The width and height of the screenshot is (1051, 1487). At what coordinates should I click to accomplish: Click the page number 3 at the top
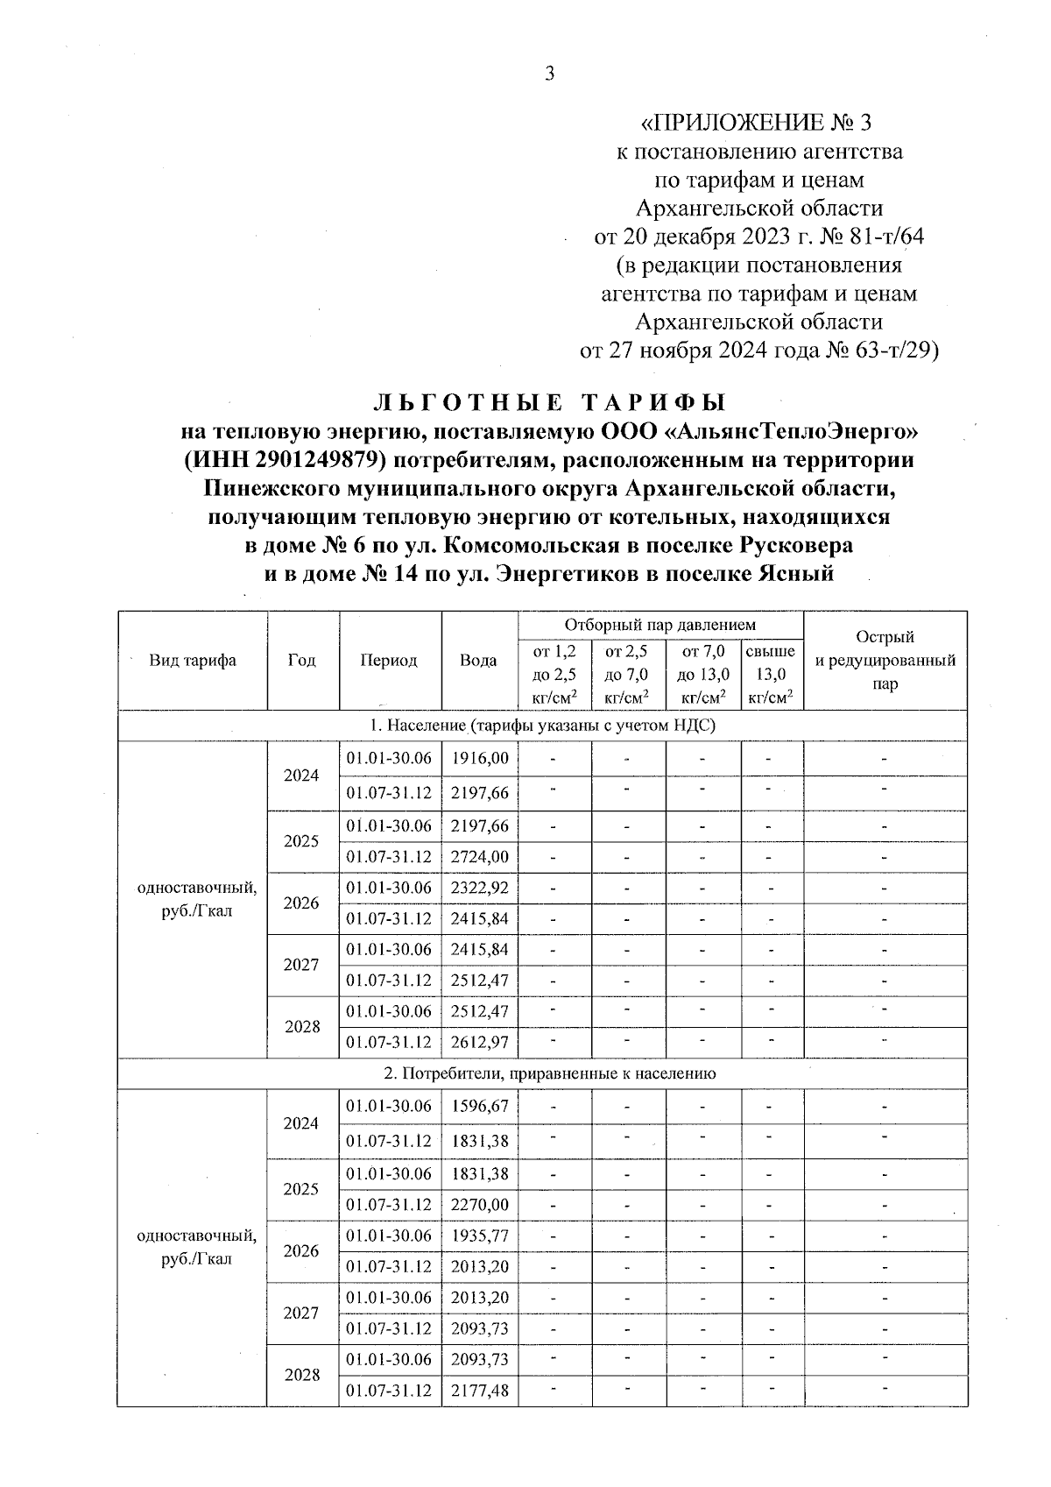point(549,74)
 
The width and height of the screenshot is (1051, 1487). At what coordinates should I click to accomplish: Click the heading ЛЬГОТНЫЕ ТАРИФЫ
point(550,403)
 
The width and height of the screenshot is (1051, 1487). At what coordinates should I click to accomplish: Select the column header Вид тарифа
point(192,661)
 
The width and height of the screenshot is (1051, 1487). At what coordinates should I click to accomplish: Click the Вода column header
point(478,661)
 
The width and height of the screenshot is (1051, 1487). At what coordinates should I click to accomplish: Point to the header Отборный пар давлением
point(660,625)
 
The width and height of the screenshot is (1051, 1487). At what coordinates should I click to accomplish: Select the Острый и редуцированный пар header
point(885,661)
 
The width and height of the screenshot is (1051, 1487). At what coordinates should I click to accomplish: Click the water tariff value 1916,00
point(479,759)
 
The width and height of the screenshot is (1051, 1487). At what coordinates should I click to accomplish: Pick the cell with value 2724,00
point(479,857)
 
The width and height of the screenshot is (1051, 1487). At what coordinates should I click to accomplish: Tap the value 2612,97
point(479,1043)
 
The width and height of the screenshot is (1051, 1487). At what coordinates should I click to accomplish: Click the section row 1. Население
point(542,726)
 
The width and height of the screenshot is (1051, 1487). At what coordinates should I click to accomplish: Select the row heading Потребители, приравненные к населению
point(542,1073)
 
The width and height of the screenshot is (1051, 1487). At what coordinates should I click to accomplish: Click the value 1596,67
point(479,1107)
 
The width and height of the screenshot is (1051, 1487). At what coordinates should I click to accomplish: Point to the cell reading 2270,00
point(479,1205)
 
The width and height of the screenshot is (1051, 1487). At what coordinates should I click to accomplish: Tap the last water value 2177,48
point(479,1391)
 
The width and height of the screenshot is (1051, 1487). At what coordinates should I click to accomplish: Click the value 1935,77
point(479,1236)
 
